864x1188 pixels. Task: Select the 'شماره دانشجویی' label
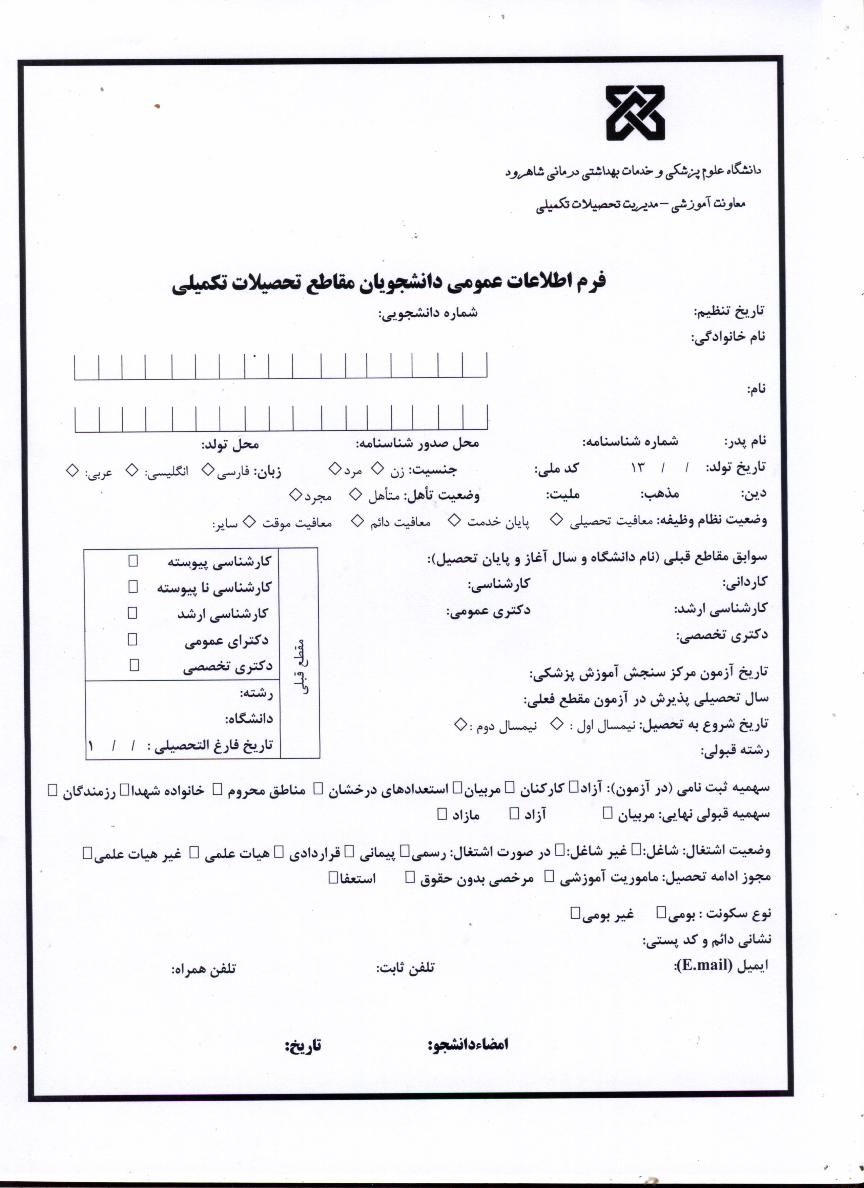click(x=429, y=313)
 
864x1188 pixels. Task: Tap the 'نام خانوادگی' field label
click(x=728, y=337)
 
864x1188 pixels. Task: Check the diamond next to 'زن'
click(x=377, y=468)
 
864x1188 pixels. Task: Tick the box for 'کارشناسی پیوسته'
click(x=133, y=561)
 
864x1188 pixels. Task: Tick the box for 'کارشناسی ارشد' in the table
click(x=132, y=613)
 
